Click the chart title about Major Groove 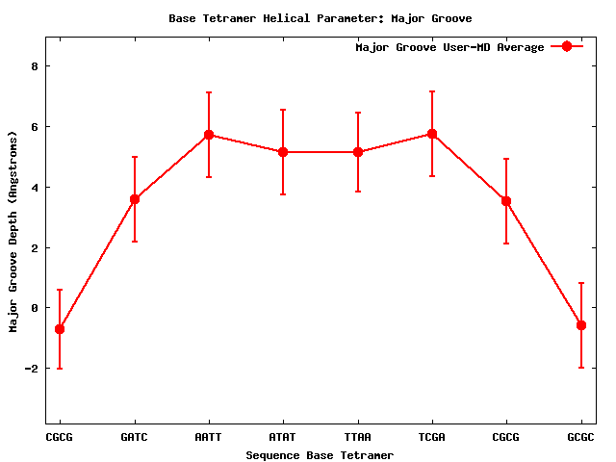320,18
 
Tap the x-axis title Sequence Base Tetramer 320,454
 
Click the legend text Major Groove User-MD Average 449,47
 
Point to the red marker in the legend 567,47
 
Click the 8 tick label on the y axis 34,66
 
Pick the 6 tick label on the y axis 34,127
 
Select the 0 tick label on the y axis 34,308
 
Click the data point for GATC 134,199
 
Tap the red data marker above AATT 208,135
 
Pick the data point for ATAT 283,152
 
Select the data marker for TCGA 432,134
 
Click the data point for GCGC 580,325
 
